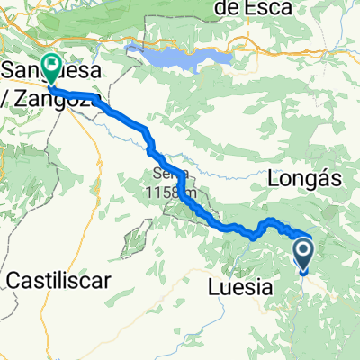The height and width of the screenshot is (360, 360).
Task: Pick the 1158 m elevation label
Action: (175, 192)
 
